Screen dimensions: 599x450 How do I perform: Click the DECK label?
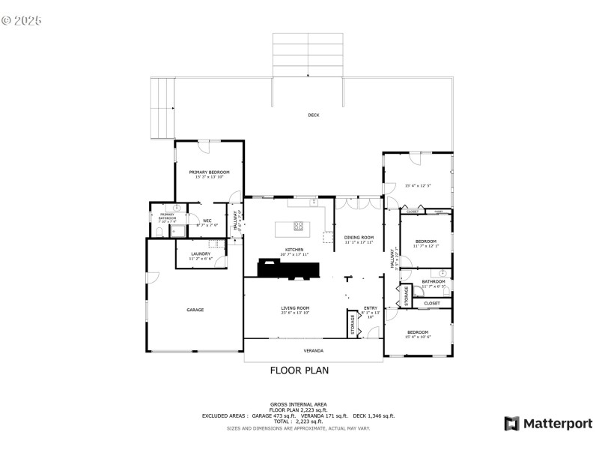[313, 115]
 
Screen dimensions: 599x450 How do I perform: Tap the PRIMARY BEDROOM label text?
[209, 172]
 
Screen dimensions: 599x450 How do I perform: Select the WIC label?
[207, 220]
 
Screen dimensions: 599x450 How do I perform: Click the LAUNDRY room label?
[201, 253]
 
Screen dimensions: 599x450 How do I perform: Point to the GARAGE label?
[195, 310]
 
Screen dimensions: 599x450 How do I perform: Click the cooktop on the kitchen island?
[298, 225]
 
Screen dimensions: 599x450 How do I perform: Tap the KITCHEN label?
[294, 250]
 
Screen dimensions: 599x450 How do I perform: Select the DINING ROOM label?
[359, 237]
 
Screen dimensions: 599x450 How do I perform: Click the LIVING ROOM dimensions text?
[295, 313]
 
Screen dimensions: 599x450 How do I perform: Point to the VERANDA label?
[313, 350]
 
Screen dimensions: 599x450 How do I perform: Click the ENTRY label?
[371, 307]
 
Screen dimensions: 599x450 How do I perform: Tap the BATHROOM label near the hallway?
[433, 281]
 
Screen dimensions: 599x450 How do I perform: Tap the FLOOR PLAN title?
[299, 370]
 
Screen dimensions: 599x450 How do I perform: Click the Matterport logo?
[548, 424]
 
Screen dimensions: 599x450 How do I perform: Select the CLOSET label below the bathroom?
[432, 303]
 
